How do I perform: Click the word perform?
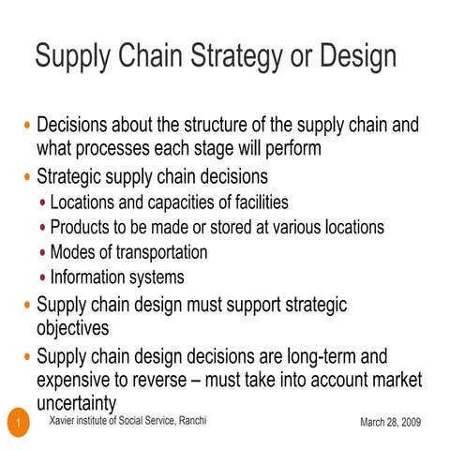pyautogui.click(x=289, y=148)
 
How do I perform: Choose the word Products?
pyautogui.click(x=83, y=227)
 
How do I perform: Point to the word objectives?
pyautogui.click(x=72, y=329)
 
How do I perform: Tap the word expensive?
pyautogui.click(x=78, y=381)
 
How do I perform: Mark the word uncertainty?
pyautogui.click(x=76, y=404)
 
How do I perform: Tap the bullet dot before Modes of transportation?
pyautogui.click(x=43, y=253)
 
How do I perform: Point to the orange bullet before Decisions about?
pyautogui.click(x=27, y=126)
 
